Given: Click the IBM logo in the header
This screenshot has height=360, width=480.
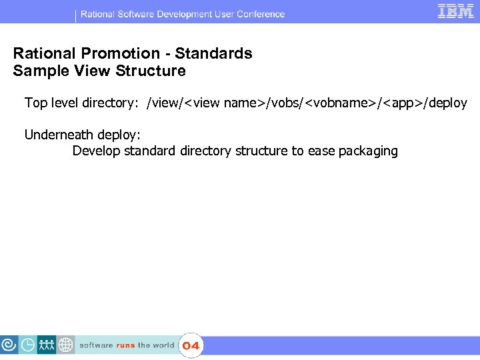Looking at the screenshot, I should pos(456,11).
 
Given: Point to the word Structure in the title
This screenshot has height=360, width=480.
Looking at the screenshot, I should pos(152,71).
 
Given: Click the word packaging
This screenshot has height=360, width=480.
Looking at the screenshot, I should pos(368,151).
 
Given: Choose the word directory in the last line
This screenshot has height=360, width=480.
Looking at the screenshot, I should pos(205,151).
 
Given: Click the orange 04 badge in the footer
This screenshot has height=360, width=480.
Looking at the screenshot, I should pos(191,345).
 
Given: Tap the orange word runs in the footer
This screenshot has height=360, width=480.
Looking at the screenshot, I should pos(125,345).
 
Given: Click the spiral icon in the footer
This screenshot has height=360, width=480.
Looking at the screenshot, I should pos(9,345).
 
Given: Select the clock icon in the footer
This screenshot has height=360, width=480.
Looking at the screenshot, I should pos(28,345).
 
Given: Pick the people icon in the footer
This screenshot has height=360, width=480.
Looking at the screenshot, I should pos(47,345).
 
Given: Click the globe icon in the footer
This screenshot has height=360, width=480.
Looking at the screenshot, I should pos(65,345).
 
